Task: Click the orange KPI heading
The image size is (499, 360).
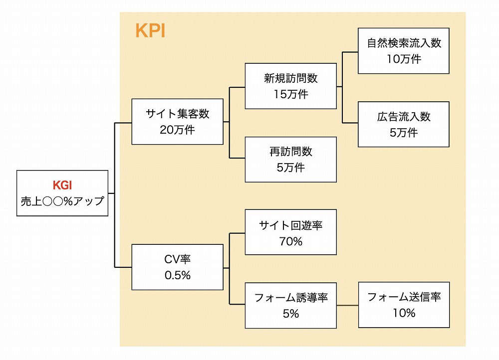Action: (150, 31)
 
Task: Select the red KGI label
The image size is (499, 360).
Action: (62, 185)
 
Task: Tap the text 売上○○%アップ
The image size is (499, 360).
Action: (62, 201)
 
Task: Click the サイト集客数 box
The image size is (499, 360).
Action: (177, 122)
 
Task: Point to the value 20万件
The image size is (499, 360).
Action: (177, 130)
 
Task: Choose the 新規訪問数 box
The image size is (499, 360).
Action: (290, 86)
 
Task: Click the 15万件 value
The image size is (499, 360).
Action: (291, 94)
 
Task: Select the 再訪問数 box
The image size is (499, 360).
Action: (290, 160)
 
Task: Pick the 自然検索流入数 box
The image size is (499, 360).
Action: (404, 51)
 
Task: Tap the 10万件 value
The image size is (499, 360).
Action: (404, 59)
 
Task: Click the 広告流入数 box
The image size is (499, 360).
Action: (404, 124)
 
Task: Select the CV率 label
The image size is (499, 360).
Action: (177, 259)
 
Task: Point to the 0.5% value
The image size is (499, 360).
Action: (178, 275)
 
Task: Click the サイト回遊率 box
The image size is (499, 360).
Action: (290, 232)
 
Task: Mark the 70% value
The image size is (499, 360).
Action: (291, 241)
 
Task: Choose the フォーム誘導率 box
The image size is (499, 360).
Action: (290, 306)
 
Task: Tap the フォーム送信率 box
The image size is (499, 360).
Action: (404, 305)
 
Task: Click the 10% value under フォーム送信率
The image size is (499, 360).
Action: (404, 313)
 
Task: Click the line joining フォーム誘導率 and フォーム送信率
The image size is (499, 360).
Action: (347, 305)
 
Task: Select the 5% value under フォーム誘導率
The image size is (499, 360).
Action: (291, 314)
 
